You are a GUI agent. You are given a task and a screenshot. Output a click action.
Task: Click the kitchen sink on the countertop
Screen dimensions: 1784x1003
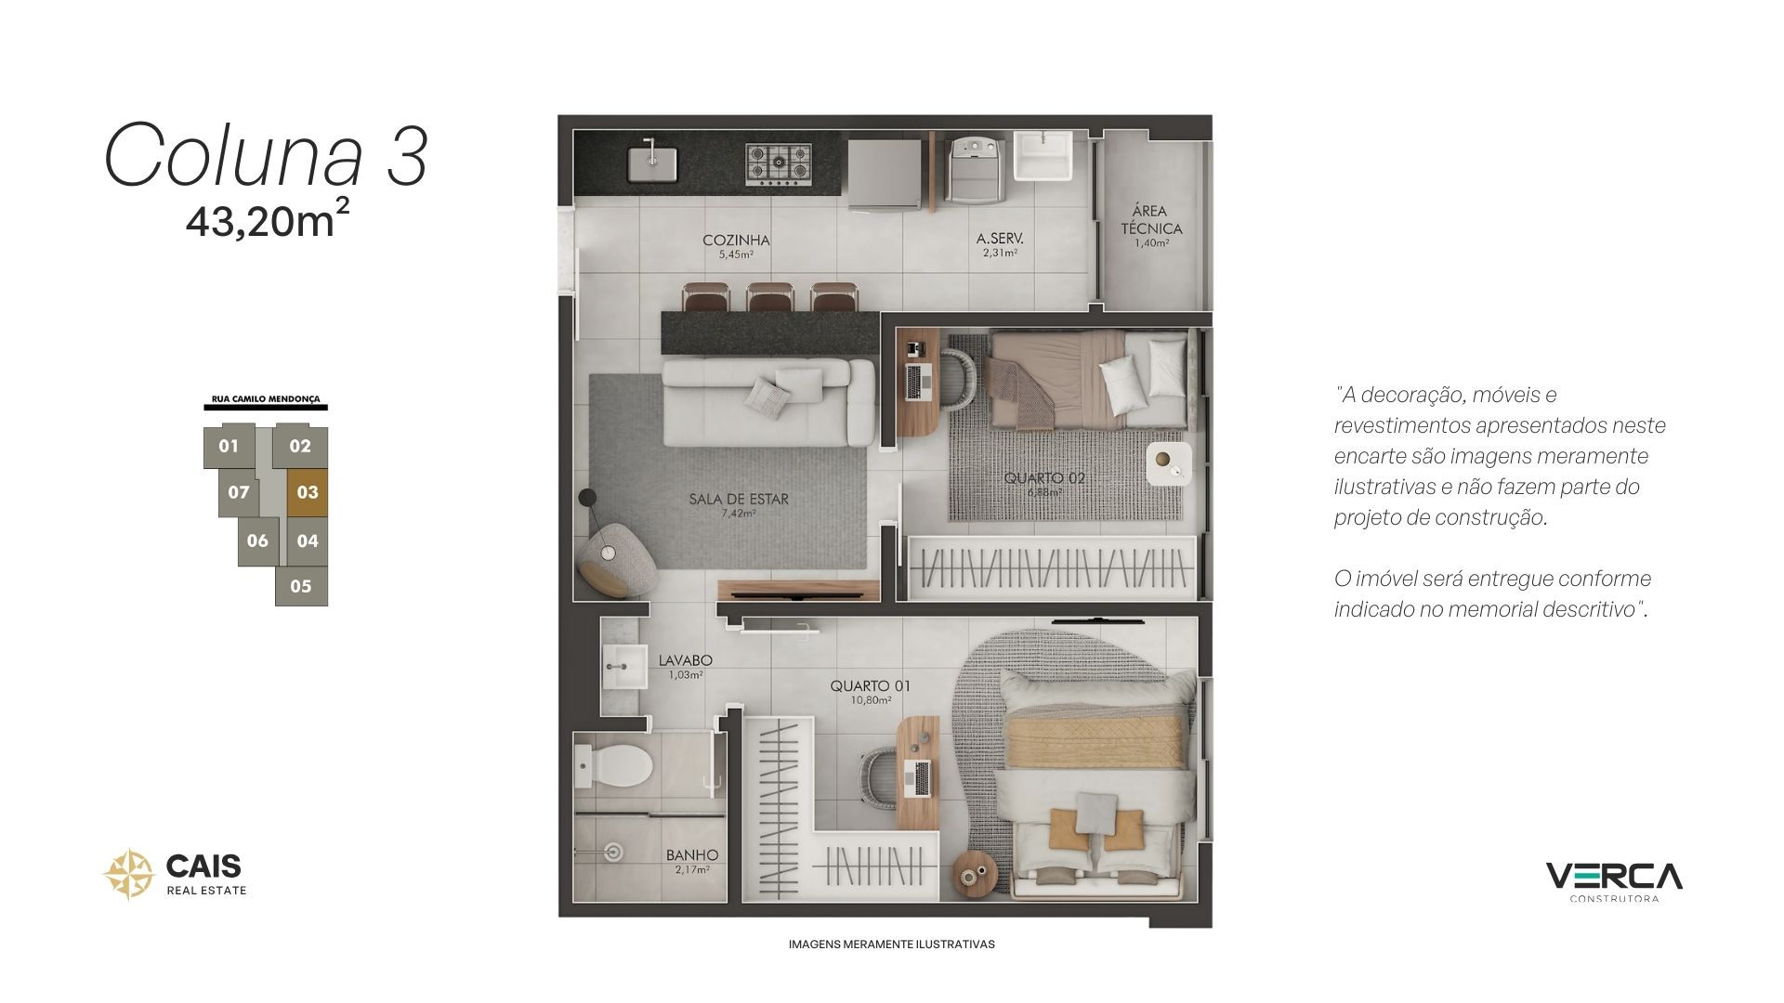652,163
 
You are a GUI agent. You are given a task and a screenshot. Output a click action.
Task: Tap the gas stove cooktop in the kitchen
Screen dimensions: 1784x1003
778,163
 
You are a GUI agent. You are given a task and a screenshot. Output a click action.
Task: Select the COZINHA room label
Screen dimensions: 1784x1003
736,240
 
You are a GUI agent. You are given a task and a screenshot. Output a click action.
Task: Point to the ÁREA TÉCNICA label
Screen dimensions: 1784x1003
1151,219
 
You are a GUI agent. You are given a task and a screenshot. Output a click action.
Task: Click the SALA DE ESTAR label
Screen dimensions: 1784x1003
739,499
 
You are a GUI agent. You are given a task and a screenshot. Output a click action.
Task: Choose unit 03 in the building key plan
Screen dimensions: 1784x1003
307,492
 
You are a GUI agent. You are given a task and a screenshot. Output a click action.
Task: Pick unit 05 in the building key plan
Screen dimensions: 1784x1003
301,586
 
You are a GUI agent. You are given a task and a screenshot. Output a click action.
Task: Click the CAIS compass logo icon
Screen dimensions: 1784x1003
127,874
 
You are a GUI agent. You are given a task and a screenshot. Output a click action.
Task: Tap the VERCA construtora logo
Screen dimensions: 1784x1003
1614,881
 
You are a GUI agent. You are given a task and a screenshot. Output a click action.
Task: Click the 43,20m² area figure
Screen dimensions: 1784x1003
268,220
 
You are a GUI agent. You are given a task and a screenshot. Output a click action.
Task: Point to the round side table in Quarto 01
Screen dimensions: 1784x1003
976,873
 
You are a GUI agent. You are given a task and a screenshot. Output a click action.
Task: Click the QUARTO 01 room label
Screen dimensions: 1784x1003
870,686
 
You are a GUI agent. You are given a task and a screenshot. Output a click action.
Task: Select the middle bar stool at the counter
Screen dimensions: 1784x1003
768,297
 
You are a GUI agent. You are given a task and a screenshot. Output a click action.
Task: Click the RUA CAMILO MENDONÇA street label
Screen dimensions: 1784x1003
266,399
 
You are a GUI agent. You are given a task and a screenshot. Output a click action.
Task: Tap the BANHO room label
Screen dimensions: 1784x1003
692,855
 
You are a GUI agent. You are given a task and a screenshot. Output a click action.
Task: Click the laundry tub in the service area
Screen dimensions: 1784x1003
1044,156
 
